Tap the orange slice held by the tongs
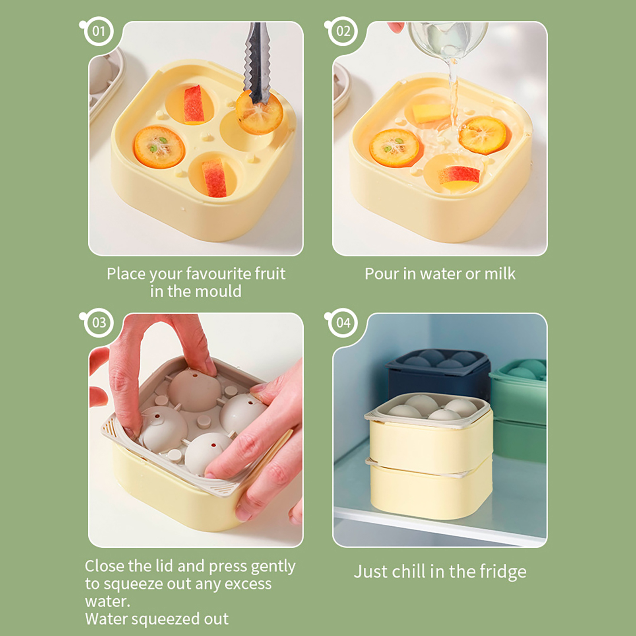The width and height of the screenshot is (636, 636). pyautogui.click(x=259, y=113)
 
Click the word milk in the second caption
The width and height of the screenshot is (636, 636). pyautogui.click(x=500, y=274)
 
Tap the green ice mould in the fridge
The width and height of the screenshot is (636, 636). pyautogui.click(x=519, y=409)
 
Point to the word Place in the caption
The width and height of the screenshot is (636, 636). pyautogui.click(x=121, y=274)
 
